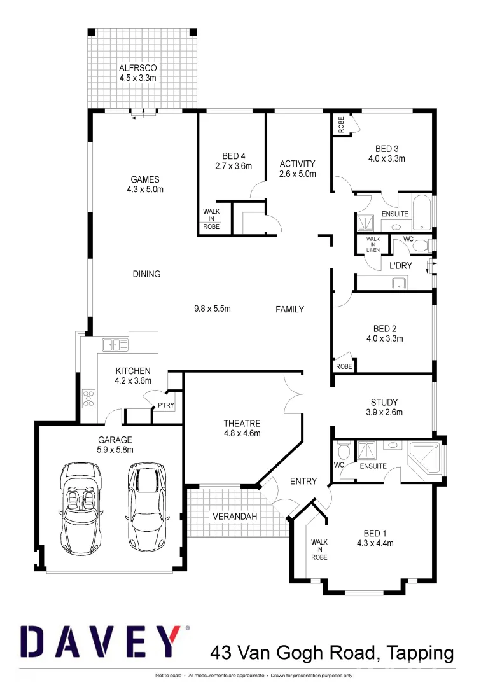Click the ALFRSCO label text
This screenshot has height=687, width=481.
(x=137, y=67)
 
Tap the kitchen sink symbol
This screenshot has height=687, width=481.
(x=115, y=345)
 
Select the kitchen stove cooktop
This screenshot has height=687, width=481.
(x=89, y=398)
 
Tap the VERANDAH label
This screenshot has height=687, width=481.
(x=235, y=517)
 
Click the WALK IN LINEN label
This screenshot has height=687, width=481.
(x=372, y=245)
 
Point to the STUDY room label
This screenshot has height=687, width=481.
(x=384, y=402)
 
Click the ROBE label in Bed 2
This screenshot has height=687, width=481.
(x=344, y=367)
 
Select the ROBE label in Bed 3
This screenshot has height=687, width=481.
(x=340, y=125)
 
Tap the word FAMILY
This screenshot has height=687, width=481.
(x=289, y=310)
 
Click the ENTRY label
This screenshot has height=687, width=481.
(x=303, y=482)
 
